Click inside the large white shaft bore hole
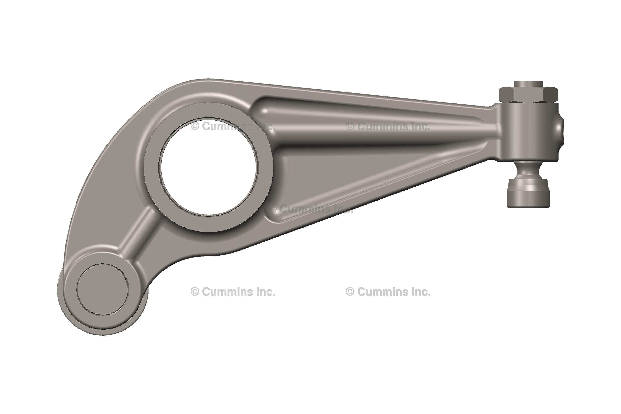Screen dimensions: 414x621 tap(209, 166)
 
